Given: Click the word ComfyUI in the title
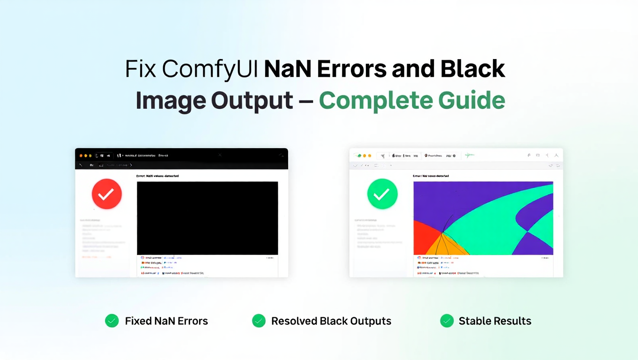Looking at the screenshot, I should tap(210, 69).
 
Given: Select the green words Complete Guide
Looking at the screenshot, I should tap(412, 100).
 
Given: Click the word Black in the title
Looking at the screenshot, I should tap(472, 69).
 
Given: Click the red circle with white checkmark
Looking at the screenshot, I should tap(106, 194).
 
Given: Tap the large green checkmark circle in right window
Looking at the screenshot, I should tap(382, 194).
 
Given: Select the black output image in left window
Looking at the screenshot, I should tap(207, 218).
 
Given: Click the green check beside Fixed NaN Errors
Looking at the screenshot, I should tap(112, 321).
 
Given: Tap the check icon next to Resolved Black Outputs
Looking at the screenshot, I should tap(259, 321).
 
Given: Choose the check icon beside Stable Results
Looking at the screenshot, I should tap(447, 321).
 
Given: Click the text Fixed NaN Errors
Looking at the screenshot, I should tap(166, 321).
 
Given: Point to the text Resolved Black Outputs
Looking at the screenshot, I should tap(331, 321).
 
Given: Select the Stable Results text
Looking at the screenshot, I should tap(495, 321).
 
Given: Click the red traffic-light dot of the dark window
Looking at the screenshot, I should tap(81, 156).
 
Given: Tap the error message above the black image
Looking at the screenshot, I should tap(157, 176).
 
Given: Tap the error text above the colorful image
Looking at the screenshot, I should tap(431, 176).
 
